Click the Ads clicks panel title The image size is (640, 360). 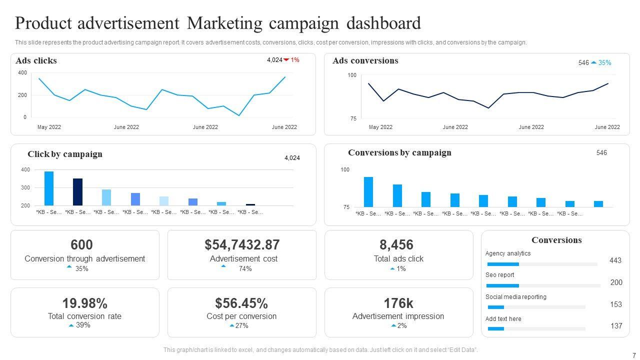pos(36,60)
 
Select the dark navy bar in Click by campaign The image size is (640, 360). pos(77,191)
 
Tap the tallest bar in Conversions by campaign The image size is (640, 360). pos(368,191)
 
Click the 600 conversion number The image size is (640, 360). pos(81,244)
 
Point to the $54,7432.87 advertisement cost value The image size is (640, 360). pos(241,244)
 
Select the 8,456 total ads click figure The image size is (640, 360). pos(396,244)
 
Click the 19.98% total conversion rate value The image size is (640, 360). pos(84,303)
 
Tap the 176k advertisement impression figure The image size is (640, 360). pos(398,303)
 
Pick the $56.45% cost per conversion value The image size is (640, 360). pos(241,303)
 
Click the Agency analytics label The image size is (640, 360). pos(507,253)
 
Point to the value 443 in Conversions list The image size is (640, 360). pos(615,260)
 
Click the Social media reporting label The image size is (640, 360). pos(515,297)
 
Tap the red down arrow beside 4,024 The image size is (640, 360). pos(286,60)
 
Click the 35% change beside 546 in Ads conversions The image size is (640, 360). pos(604,63)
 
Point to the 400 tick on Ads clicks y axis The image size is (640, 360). pos(22,73)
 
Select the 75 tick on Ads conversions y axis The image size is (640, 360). pos(352,118)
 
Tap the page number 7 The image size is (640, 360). pos(634,355)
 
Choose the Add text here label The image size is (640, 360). pos(503,319)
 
